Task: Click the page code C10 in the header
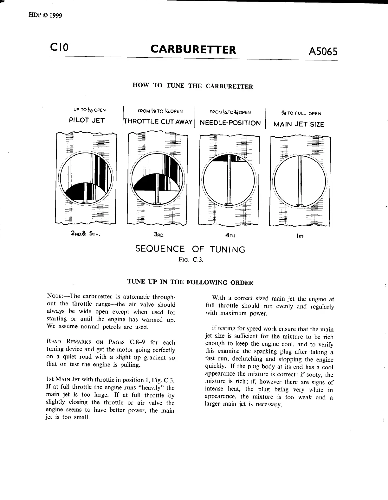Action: click(60, 48)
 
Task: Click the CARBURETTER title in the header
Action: click(193, 50)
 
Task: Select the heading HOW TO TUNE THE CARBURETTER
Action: click(192, 86)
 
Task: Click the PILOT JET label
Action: click(87, 120)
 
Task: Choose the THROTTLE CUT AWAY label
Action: click(158, 122)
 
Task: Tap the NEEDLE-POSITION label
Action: click(230, 123)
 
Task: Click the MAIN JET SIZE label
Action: click(299, 124)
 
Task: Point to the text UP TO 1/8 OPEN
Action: click(90, 110)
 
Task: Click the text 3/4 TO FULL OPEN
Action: click(301, 113)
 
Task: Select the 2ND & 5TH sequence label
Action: click(86, 234)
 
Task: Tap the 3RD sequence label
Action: click(159, 235)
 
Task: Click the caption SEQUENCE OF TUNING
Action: click(190, 249)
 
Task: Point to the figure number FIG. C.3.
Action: click(191, 260)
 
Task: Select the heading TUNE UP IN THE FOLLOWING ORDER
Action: click(190, 282)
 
